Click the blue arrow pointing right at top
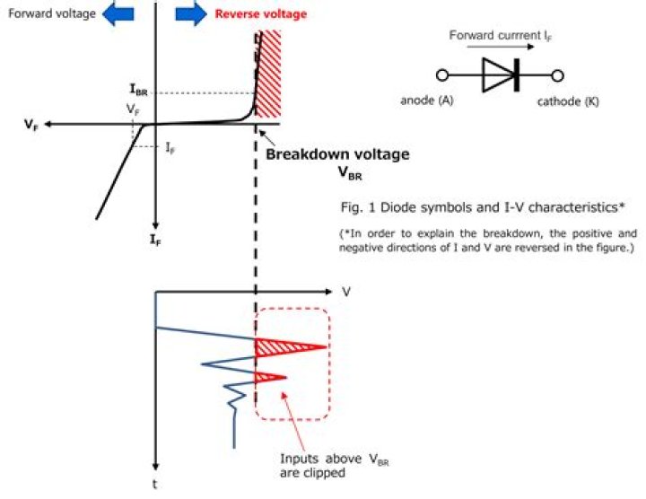coord(190,13)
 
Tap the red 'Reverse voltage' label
coord(260,13)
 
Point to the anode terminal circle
coord(441,75)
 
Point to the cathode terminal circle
coord(557,75)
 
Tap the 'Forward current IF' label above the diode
coord(499,38)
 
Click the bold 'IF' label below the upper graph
coord(157,241)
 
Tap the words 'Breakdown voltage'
coord(337,154)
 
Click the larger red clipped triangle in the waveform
coord(285,346)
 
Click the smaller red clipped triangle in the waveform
coord(269,376)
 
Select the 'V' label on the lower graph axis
coord(345,292)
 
